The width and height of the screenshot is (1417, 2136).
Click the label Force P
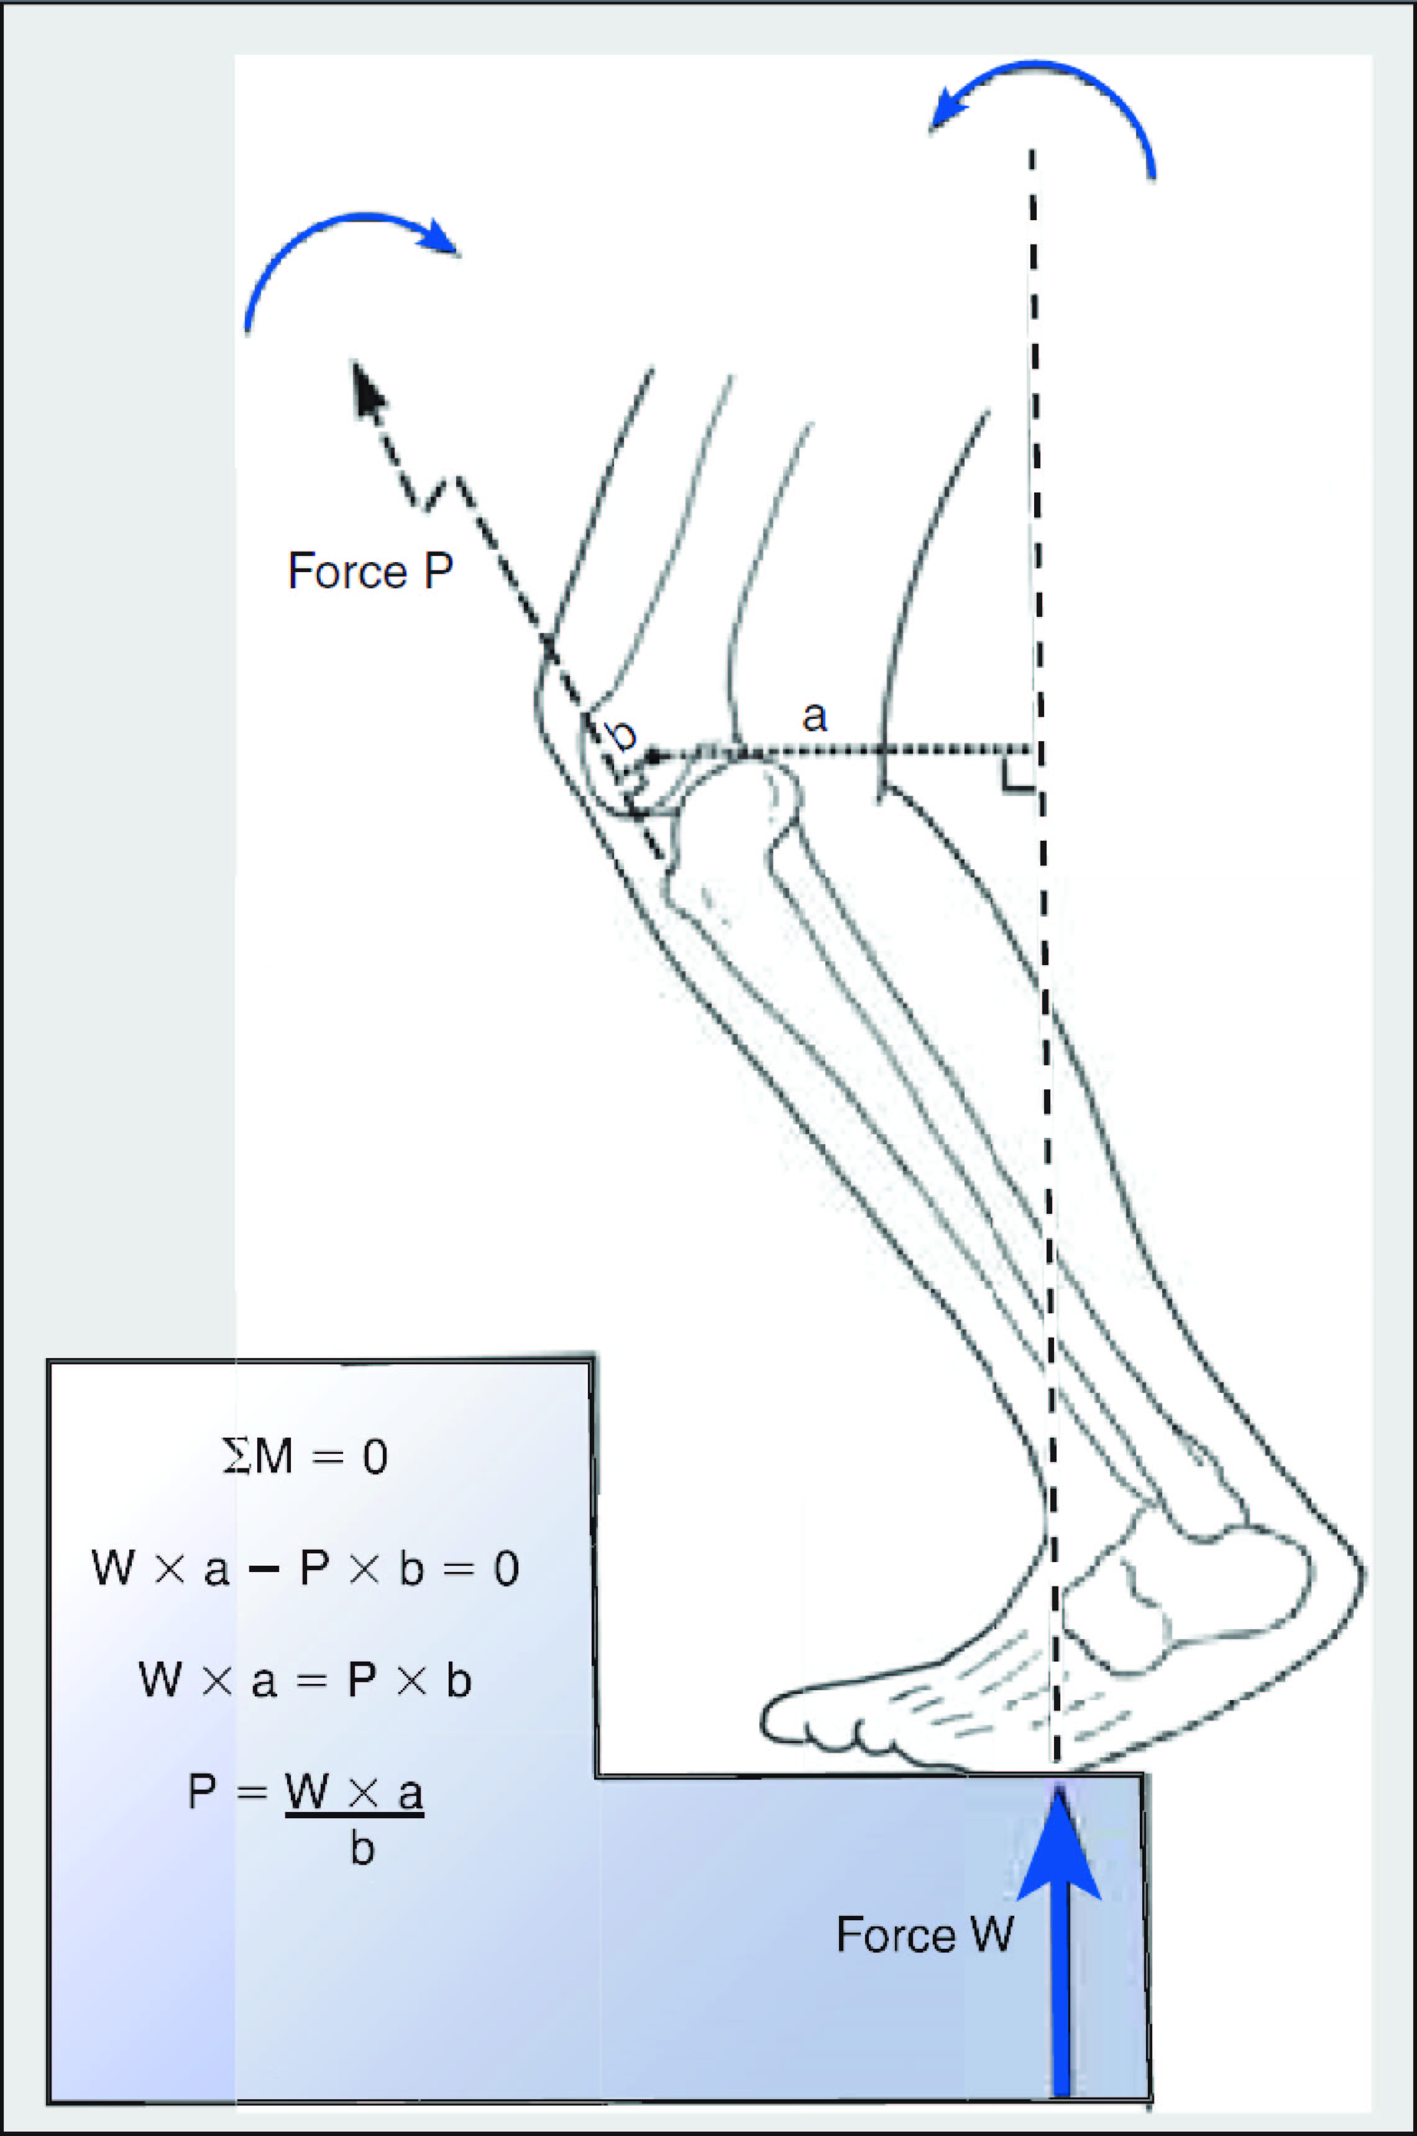(370, 571)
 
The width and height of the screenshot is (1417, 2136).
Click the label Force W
(925, 1935)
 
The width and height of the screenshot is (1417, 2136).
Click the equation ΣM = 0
(305, 1457)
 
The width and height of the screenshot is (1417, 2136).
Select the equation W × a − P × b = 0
(305, 1568)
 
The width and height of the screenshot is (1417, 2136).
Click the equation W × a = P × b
(305, 1680)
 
